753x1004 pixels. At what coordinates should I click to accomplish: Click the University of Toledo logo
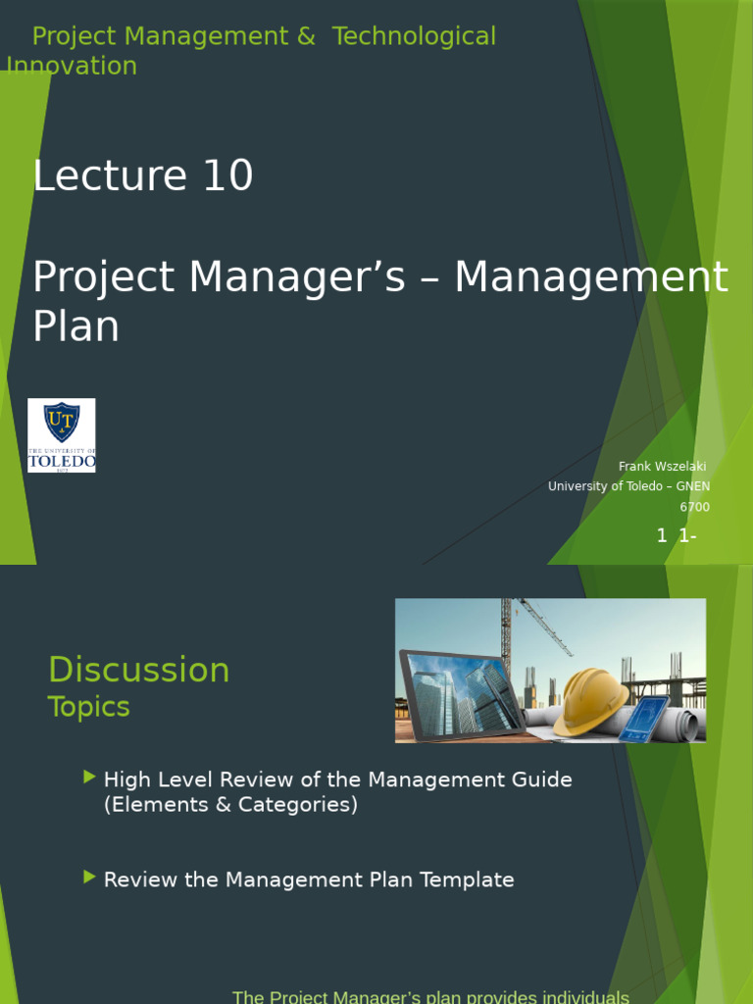tap(61, 434)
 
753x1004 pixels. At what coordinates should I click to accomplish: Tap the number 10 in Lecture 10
tap(227, 176)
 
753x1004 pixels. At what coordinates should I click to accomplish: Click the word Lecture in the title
tap(110, 176)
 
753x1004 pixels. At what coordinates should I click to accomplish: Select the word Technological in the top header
tap(414, 36)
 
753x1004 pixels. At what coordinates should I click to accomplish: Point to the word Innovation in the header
tap(72, 66)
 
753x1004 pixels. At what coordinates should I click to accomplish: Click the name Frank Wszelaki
tap(662, 466)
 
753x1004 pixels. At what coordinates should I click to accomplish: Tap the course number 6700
tap(694, 507)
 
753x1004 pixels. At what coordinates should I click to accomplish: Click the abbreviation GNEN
tap(693, 486)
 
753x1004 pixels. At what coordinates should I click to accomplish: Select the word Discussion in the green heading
tap(138, 671)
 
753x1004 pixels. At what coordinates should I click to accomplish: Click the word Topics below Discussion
tap(88, 707)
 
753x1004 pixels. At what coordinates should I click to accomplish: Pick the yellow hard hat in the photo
tap(590, 700)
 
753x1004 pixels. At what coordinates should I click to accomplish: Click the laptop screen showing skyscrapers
tap(462, 695)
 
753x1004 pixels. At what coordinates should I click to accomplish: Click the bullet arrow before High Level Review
tap(90, 778)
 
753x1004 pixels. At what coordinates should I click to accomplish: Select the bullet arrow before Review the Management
tap(90, 877)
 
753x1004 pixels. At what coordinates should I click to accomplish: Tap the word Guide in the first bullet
tap(544, 779)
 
